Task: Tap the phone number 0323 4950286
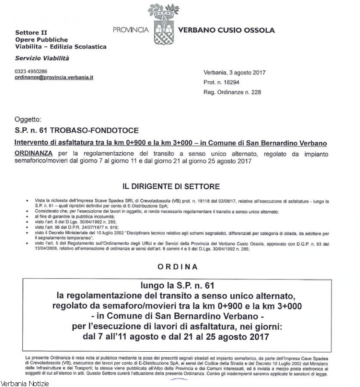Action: (31, 71)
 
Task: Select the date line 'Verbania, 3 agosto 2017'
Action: (234, 73)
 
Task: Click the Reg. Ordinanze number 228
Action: (232, 92)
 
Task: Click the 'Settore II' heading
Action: (31, 33)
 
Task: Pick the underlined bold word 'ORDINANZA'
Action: (34, 153)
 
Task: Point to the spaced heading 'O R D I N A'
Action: (178, 267)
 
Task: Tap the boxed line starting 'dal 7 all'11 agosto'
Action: (177, 337)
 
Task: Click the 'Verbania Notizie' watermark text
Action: (25, 383)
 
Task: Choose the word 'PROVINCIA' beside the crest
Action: (131, 31)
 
